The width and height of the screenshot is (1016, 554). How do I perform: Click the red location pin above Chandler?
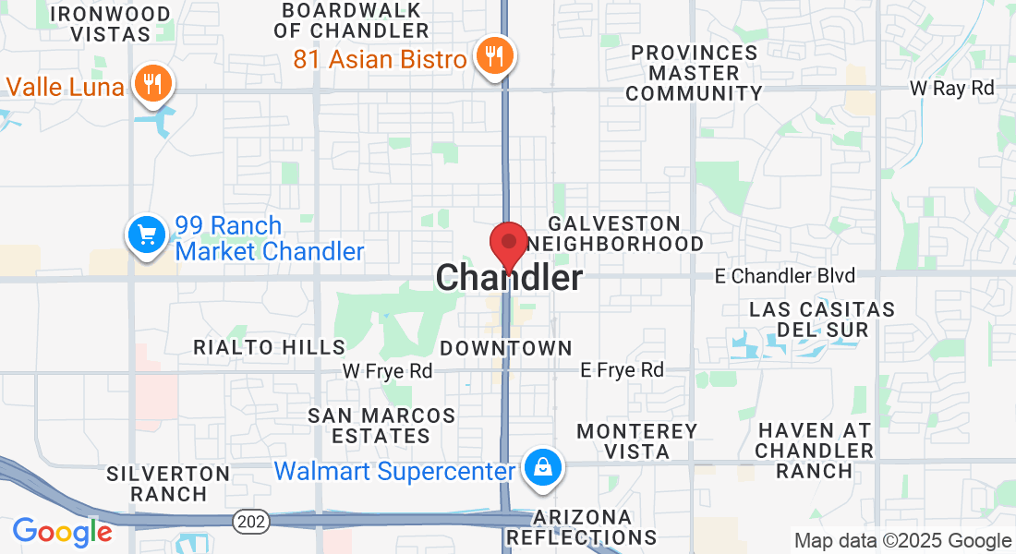[x=508, y=243]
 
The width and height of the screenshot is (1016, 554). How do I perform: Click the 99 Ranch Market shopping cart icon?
[x=146, y=235]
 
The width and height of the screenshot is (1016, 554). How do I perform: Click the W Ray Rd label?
[x=951, y=89]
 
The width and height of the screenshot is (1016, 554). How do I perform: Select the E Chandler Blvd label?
[x=785, y=275]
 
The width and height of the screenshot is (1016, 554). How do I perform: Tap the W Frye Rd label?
[x=387, y=370]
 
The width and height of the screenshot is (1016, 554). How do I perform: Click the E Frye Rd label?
[x=622, y=370]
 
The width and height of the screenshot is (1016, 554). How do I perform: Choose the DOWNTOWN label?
[x=506, y=348]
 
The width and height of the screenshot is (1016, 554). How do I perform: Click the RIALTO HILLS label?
[x=269, y=347]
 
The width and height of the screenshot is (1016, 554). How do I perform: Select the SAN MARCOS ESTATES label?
[x=381, y=426]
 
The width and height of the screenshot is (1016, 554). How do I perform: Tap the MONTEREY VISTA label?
[x=637, y=441]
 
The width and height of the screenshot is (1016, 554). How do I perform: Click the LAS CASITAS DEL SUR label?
[x=822, y=319]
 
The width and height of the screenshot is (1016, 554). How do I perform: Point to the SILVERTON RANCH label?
[x=168, y=484]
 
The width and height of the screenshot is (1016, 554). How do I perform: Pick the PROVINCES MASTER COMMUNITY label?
[x=695, y=73]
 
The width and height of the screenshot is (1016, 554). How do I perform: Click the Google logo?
[x=62, y=532]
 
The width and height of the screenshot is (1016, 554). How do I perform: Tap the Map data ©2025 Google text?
[x=903, y=541]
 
